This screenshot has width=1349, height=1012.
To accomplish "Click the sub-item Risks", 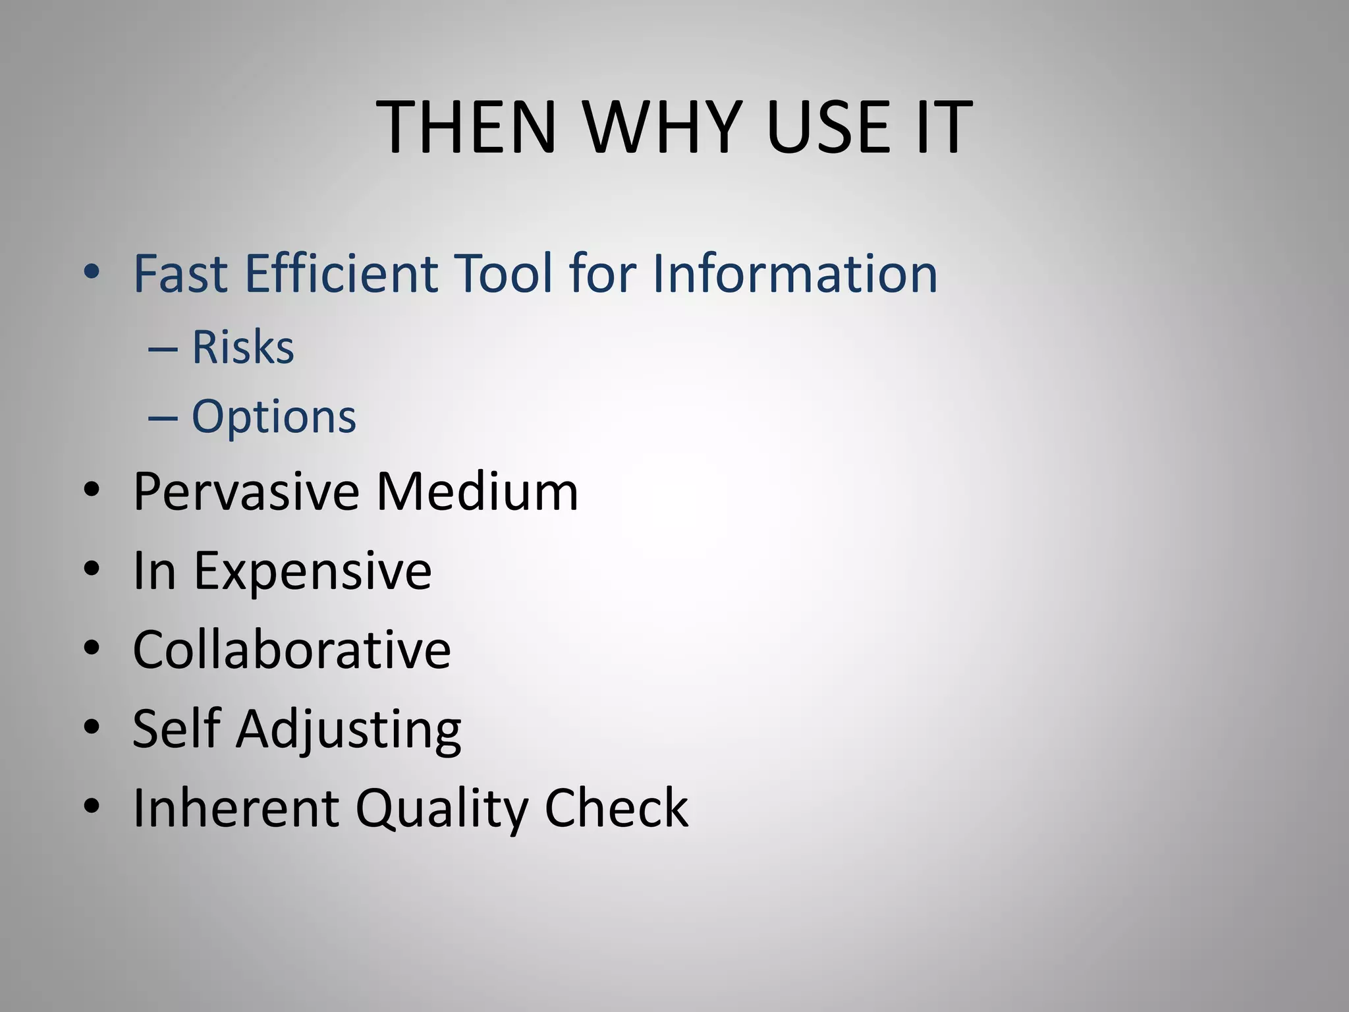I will coord(242,347).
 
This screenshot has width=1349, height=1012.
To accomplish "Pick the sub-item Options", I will coord(273,416).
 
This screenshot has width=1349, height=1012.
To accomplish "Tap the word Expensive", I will coord(312,571).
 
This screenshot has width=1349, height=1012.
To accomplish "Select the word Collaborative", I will coord(292,650).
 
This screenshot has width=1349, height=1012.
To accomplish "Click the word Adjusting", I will coord(349,730).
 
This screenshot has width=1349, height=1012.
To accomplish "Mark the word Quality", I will coord(441,809).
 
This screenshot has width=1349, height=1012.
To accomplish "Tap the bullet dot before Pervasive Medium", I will coord(92,490).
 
